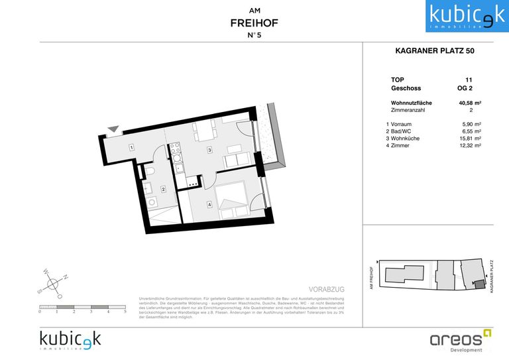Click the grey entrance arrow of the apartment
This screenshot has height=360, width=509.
pyautogui.click(x=114, y=130)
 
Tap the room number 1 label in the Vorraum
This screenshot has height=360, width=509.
pyautogui.click(x=132, y=147)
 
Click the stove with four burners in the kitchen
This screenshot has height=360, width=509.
pyautogui.click(x=176, y=152)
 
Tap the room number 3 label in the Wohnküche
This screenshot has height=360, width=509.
pyautogui.click(x=209, y=150)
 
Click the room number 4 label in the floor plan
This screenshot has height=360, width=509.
pyautogui.click(x=209, y=204)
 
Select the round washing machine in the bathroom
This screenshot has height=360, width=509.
pyautogui.click(x=151, y=202)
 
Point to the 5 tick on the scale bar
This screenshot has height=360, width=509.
pyautogui.click(x=125, y=311)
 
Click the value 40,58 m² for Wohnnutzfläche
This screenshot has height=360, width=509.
pyautogui.click(x=469, y=103)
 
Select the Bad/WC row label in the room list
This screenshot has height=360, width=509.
pyautogui.click(x=399, y=131)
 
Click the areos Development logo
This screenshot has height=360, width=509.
pyautogui.click(x=461, y=340)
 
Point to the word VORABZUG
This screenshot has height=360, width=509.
pyautogui.click(x=326, y=290)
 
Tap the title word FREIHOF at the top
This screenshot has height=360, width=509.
pyautogui.click(x=254, y=23)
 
